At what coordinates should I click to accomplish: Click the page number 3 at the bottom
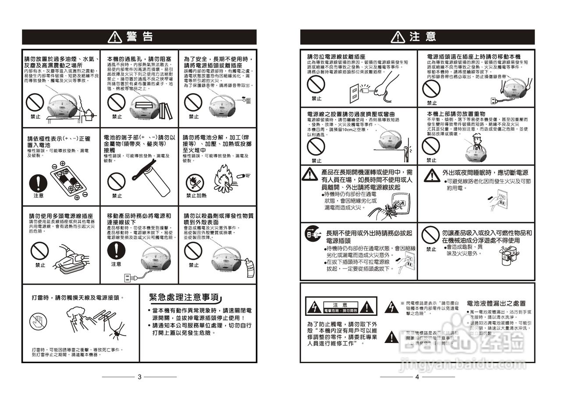tap(139, 377)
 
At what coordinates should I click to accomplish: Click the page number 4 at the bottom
tap(417, 377)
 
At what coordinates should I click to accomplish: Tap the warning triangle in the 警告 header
tap(115, 37)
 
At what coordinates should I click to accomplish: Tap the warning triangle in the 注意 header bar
tap(398, 37)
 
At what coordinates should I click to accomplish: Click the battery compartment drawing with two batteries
tap(66, 180)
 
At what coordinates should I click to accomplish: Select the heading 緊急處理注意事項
tap(184, 297)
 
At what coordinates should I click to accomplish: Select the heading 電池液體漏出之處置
tap(496, 303)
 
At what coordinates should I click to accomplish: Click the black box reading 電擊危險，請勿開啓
tap(341, 310)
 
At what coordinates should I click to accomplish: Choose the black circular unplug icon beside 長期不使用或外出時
tap(309, 235)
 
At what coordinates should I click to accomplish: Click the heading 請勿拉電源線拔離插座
tap(336, 57)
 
